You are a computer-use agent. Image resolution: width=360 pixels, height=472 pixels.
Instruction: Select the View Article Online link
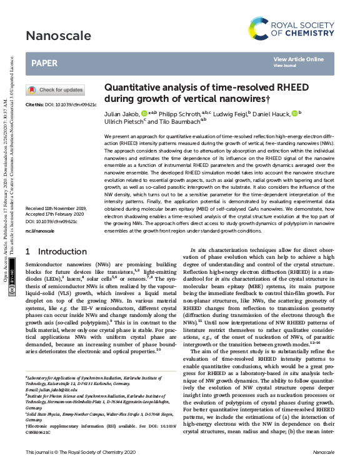point(299,59)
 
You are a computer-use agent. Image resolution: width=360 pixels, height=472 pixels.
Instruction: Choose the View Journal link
point(285,65)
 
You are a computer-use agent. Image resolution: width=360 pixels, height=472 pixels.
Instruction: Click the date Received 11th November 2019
point(56,208)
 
